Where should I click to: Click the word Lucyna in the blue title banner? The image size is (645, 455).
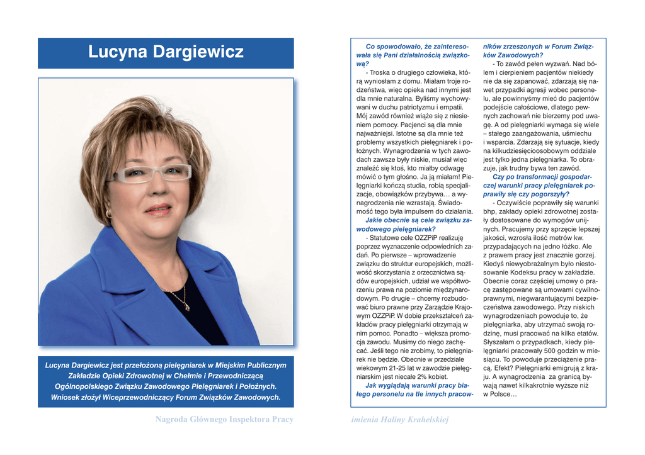click(x=117, y=52)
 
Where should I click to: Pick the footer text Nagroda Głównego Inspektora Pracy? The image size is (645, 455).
click(x=224, y=419)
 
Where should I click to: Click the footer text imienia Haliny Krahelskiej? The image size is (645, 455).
click(x=400, y=419)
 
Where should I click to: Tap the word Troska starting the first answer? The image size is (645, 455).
click(x=381, y=72)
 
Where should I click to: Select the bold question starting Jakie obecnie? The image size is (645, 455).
click(x=409, y=220)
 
